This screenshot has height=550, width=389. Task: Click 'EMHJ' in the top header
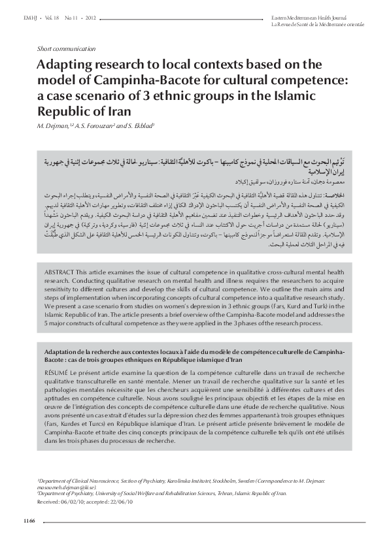point(29,13)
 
